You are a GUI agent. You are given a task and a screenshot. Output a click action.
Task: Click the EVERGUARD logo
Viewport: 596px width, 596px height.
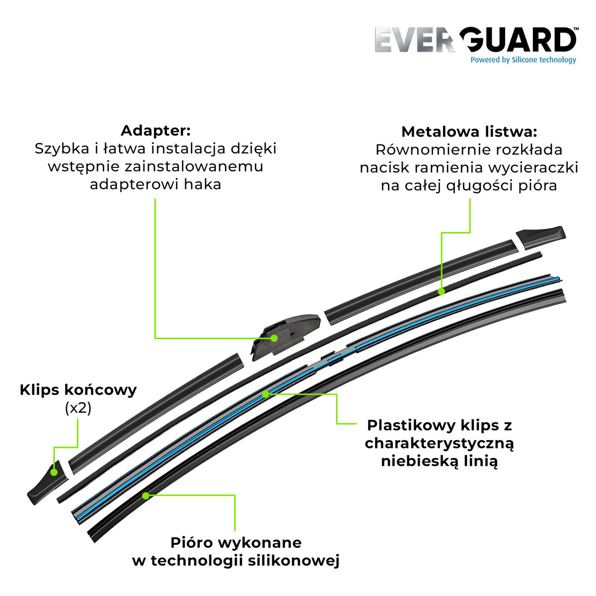[x=475, y=40]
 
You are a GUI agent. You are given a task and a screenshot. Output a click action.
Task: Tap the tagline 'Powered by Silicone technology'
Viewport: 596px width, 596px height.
[x=523, y=60]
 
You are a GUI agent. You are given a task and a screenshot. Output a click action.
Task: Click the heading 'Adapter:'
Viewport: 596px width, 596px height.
[x=155, y=131]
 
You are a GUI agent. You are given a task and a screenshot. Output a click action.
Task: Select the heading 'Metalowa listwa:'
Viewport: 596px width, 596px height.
[x=469, y=132]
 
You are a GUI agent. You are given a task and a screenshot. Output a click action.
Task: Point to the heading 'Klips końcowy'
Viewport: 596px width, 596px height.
[x=78, y=390]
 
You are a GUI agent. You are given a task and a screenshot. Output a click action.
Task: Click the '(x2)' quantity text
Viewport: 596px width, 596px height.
[x=78, y=408]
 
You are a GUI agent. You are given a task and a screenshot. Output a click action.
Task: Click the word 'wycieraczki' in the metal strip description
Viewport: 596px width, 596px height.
[x=538, y=167]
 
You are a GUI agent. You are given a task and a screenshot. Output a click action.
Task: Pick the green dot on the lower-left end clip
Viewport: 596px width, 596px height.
[x=54, y=472]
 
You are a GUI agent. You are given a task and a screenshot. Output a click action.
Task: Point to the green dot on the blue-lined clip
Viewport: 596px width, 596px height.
[x=265, y=394]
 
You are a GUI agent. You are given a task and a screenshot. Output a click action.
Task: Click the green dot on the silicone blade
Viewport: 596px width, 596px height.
[x=146, y=495]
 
